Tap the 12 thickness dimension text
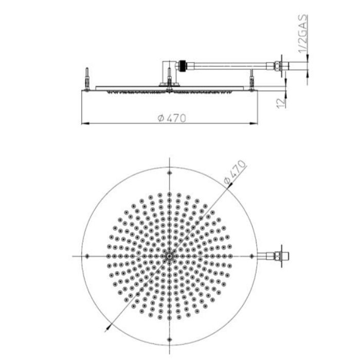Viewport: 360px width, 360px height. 280,101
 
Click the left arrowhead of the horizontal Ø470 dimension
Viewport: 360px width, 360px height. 85,123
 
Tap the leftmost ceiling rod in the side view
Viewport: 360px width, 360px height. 88,78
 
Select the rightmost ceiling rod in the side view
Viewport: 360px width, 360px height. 252,81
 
